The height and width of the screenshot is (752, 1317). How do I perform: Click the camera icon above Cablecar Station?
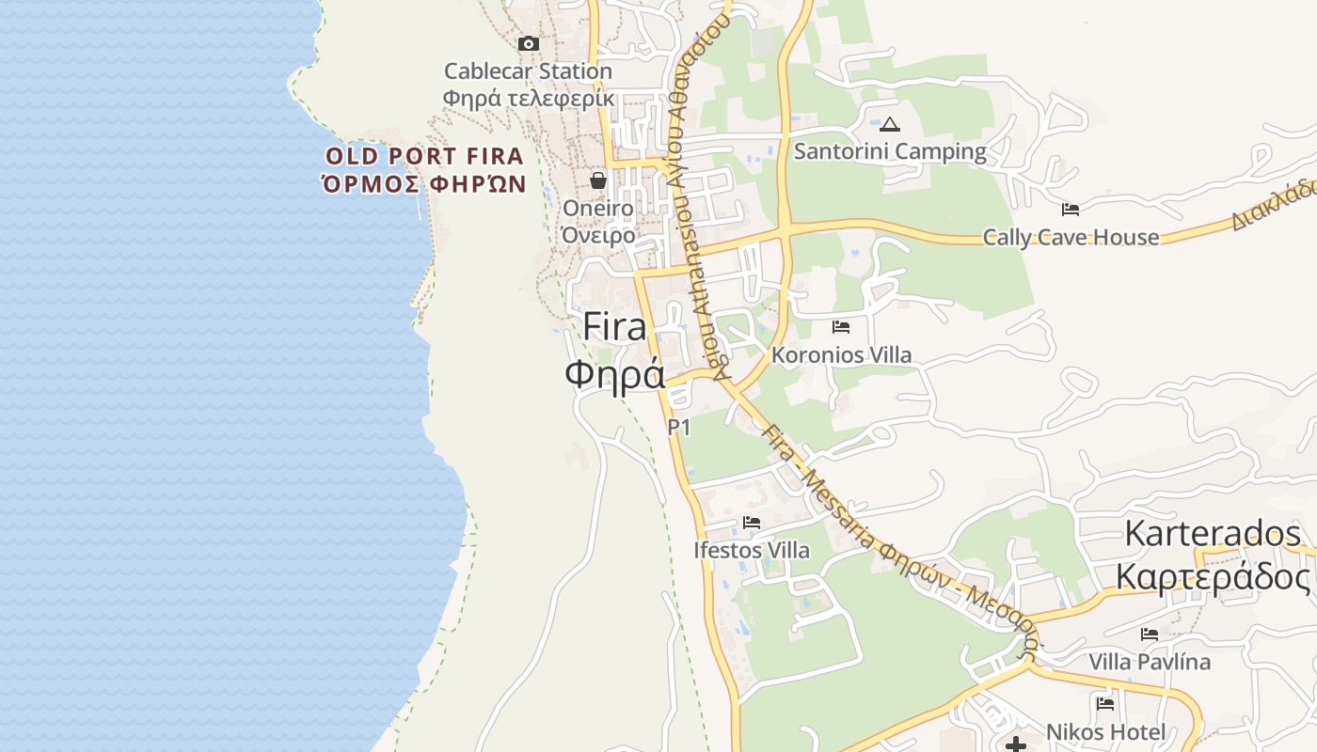point(529,43)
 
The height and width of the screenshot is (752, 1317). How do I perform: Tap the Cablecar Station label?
point(528,71)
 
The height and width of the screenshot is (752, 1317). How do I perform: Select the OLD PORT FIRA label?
point(424,156)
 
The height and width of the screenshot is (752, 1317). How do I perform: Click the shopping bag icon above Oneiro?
point(598,180)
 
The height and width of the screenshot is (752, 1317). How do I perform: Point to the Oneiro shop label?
point(597,208)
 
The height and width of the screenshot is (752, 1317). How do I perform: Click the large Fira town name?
point(615,327)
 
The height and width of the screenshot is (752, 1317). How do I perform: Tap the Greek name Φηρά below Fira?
point(615,373)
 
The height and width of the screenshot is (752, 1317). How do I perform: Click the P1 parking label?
point(679,428)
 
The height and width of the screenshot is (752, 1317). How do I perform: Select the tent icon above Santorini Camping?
point(890,124)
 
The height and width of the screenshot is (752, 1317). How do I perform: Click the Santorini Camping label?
point(890,151)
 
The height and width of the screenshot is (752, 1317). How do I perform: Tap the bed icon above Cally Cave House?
point(1071,209)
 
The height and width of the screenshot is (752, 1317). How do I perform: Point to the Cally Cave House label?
point(1071,237)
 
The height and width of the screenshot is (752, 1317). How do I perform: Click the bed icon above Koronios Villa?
point(841,327)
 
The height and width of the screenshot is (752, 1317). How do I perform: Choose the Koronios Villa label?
point(841,355)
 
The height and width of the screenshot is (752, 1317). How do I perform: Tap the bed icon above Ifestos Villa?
point(752,523)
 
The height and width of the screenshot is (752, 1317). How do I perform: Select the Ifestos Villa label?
point(752,550)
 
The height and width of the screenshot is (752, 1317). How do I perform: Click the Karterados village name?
point(1213,535)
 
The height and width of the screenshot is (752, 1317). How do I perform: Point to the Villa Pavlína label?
point(1150,662)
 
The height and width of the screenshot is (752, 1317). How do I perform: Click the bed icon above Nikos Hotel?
point(1105,703)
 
